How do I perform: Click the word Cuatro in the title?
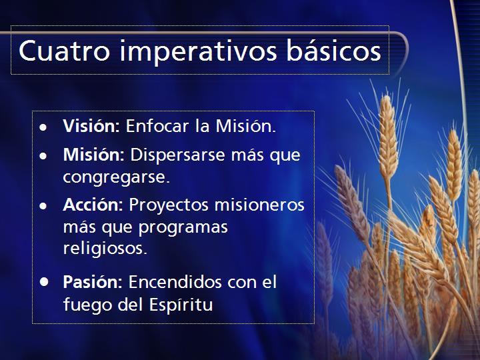click(x=64, y=51)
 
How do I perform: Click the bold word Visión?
click(x=91, y=125)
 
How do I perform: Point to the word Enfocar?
click(x=157, y=125)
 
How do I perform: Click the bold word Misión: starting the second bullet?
click(x=94, y=154)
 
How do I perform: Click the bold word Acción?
click(x=93, y=205)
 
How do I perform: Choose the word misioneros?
click(x=259, y=205)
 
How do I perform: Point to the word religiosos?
click(x=105, y=249)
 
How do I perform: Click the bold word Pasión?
click(x=93, y=281)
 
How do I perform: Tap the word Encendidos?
click(x=175, y=281)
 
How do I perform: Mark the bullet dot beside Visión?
click(x=43, y=127)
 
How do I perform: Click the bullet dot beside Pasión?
click(x=44, y=281)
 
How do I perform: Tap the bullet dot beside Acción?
click(x=43, y=206)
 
